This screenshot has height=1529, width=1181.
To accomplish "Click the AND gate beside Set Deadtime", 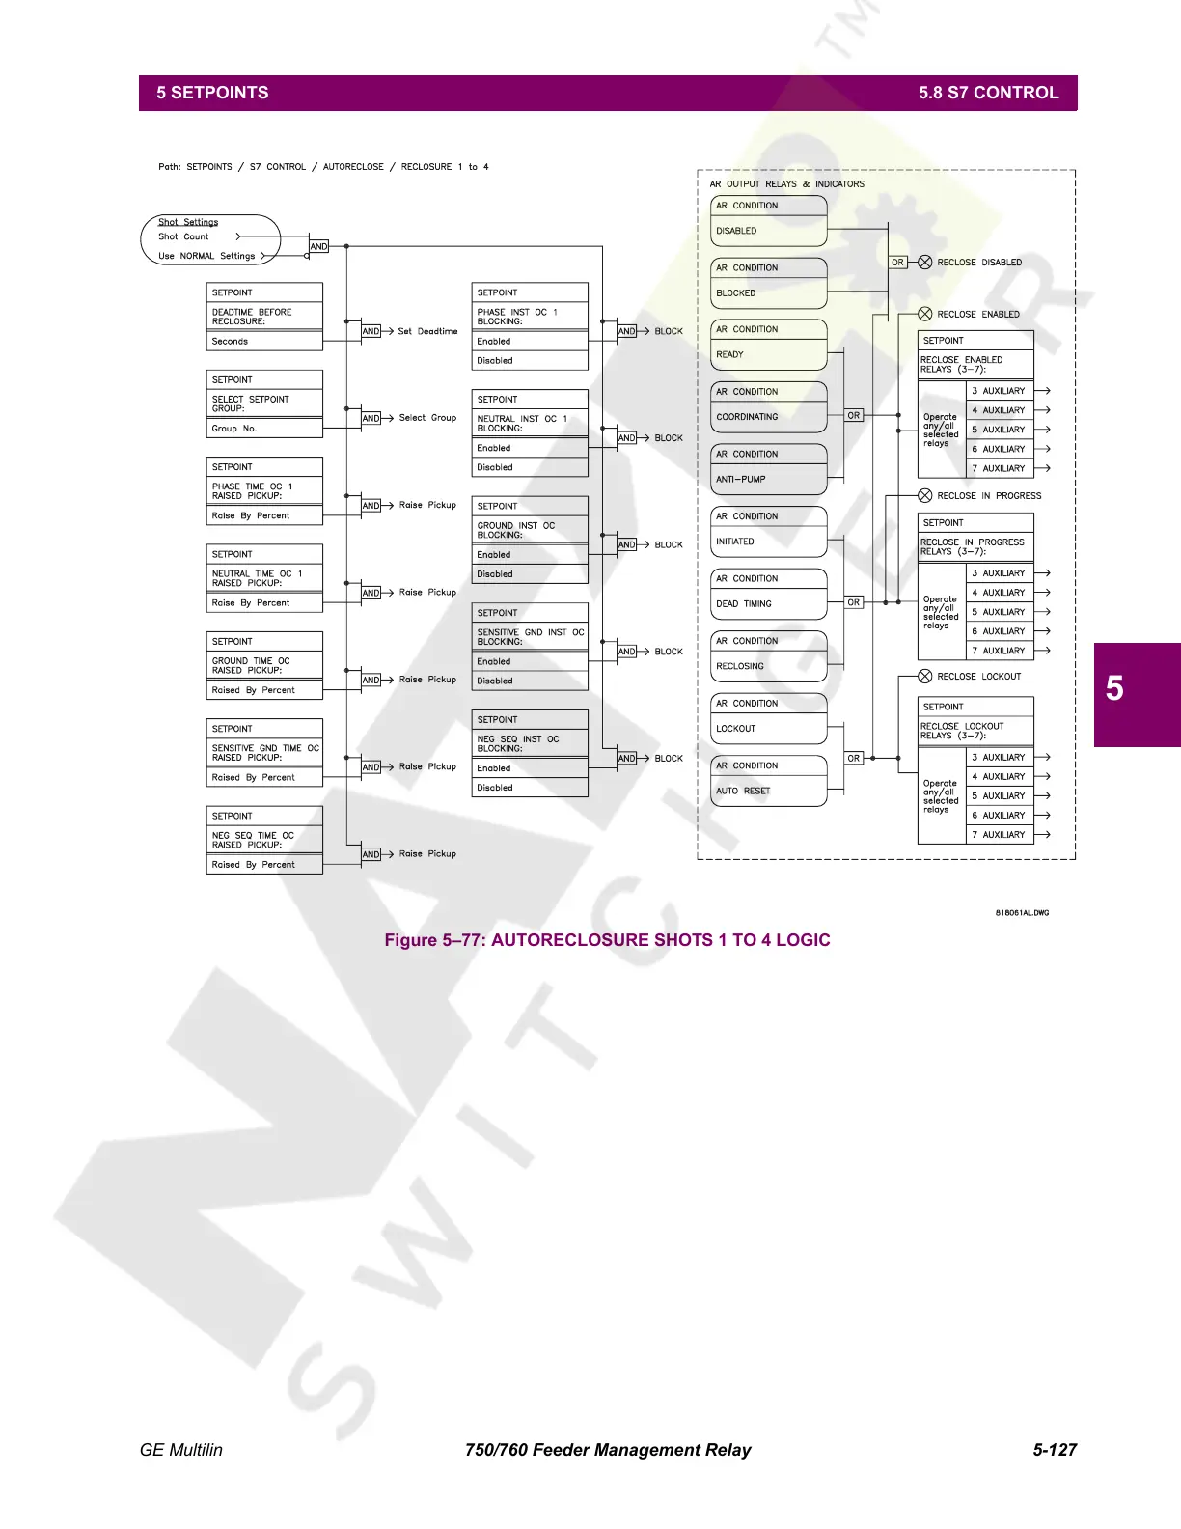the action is click(x=371, y=331).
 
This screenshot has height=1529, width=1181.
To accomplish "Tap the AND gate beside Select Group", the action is click(x=371, y=418).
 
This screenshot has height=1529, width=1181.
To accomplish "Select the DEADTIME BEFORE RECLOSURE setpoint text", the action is click(x=253, y=317).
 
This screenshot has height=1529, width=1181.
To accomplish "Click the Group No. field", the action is click(x=263, y=429).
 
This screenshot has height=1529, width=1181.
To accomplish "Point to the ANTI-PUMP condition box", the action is click(x=768, y=479).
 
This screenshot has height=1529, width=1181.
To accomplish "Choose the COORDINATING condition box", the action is click(x=768, y=417).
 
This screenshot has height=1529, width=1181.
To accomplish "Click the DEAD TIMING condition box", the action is click(x=768, y=603).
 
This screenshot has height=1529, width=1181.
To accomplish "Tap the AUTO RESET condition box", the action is click(x=768, y=791).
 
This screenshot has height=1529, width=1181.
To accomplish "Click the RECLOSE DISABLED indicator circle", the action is click(x=924, y=263).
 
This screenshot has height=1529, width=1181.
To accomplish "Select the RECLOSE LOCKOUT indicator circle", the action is click(x=924, y=677).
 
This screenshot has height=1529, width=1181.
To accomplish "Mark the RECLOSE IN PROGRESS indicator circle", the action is click(x=924, y=496).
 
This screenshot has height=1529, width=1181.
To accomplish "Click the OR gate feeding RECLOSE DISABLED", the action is click(x=897, y=263).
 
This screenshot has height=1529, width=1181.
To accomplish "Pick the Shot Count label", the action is click(x=183, y=236).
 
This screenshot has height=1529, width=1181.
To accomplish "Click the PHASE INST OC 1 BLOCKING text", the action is click(x=518, y=317).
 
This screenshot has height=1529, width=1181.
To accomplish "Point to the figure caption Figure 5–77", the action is click(x=607, y=940).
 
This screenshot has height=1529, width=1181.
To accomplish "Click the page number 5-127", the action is click(x=1055, y=1450).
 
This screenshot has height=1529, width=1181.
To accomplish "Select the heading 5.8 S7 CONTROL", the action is click(x=988, y=93).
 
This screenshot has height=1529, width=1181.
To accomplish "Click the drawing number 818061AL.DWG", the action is click(x=1022, y=912).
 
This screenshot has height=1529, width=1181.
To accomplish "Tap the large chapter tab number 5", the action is click(x=1114, y=689).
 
